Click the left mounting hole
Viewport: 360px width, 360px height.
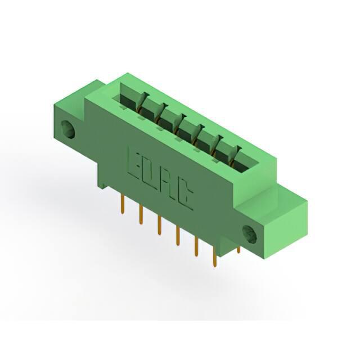(68, 130)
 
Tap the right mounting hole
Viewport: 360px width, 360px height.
(250, 235)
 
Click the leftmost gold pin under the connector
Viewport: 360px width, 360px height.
(123, 204)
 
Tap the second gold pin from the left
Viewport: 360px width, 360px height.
(141, 214)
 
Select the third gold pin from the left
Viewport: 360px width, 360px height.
(159, 225)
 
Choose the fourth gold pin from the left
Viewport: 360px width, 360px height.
(178, 236)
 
